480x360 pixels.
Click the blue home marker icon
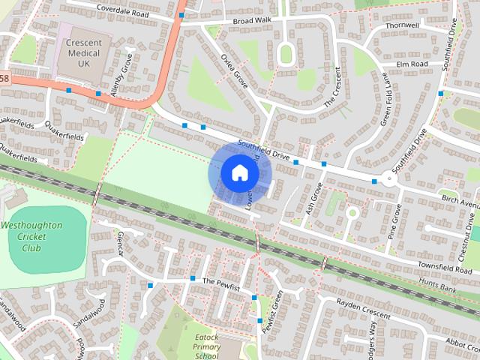point(238,173)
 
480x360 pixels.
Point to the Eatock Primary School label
point(205,347)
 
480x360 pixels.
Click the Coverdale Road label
point(120,12)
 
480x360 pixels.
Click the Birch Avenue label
point(460,203)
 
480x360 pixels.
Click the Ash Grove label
point(314,199)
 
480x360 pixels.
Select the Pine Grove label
point(393,218)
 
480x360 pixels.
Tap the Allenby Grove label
point(120,73)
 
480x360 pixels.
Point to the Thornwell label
point(402,25)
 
